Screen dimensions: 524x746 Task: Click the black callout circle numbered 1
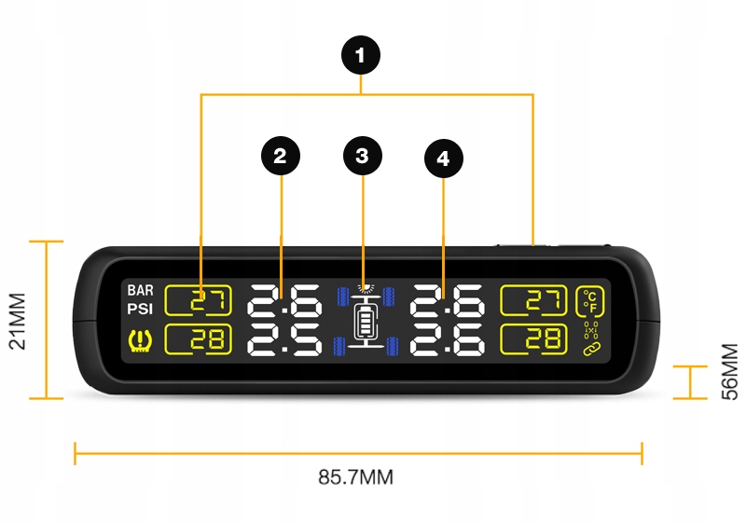[362, 55]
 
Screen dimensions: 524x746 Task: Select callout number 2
[281, 156]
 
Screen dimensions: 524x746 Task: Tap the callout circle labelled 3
[362, 156]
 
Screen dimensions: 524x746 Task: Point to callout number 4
[443, 159]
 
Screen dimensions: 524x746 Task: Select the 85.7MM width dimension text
[355, 477]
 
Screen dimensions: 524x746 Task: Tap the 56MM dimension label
[728, 371]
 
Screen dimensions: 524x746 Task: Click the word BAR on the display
[141, 291]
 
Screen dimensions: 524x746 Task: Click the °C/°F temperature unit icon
[589, 300]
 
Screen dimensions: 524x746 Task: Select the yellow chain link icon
[589, 350]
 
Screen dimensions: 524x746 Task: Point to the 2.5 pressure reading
[283, 339]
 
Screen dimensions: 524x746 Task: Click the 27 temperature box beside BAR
[198, 300]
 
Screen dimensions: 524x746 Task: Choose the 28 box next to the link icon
[533, 339]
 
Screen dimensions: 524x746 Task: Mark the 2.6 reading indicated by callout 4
[447, 300]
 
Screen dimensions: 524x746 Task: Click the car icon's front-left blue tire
[343, 296]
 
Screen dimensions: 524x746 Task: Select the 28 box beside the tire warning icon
[198, 339]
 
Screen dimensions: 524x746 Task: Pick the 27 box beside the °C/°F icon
[533, 300]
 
